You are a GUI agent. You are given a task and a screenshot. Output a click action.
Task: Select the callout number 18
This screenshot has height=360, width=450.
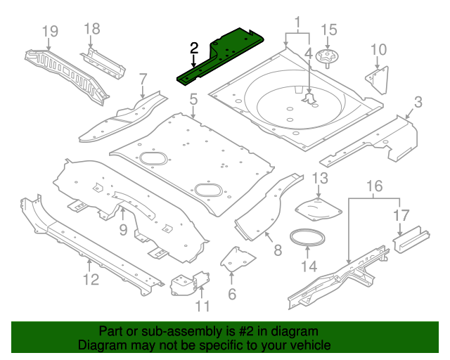pyautogui.click(x=92, y=28)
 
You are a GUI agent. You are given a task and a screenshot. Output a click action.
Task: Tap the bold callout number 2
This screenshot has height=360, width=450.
pyautogui.click(x=194, y=48)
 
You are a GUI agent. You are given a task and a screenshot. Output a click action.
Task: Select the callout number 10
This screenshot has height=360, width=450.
pyautogui.click(x=378, y=49)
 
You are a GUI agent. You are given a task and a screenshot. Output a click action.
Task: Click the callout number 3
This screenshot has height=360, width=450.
pyautogui.click(x=418, y=103)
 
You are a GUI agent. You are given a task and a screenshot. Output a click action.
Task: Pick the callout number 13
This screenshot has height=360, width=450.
pyautogui.click(x=320, y=178)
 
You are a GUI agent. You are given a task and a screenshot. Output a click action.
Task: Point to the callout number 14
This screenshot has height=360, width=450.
pyautogui.click(x=309, y=266)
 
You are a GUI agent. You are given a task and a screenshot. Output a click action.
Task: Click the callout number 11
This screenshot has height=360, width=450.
pyautogui.click(x=202, y=305)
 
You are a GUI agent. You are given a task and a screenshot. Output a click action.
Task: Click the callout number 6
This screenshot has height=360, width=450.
pyautogui.click(x=231, y=295)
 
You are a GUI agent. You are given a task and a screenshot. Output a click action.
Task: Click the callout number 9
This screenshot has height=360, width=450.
pyautogui.click(x=122, y=230)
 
